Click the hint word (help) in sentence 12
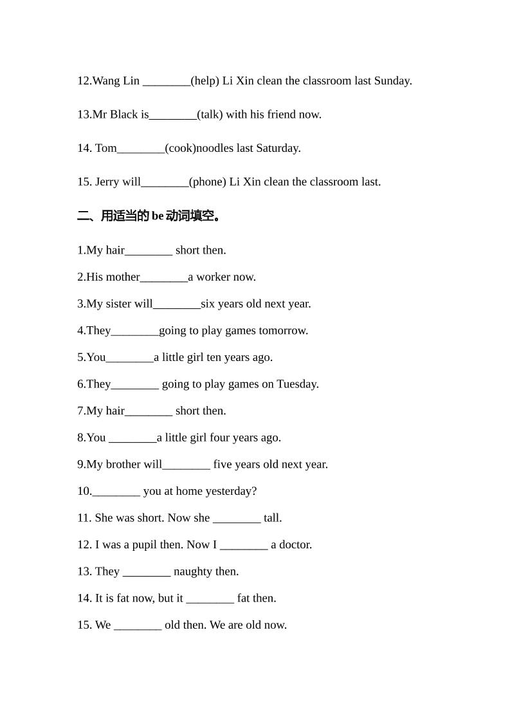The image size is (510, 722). [x=206, y=81]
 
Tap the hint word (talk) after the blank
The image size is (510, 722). [x=211, y=115]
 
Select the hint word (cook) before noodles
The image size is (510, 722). [x=180, y=148]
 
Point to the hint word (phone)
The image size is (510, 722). [x=208, y=181]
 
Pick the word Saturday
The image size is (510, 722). [x=278, y=148]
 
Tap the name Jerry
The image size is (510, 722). [x=108, y=181]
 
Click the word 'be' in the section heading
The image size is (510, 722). [x=158, y=216]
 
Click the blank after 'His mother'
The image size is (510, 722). [x=164, y=277]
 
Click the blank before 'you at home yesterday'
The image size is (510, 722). [x=116, y=492]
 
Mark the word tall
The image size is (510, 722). [x=272, y=518]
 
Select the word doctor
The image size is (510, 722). [x=295, y=545]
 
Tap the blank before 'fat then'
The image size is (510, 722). [x=210, y=598]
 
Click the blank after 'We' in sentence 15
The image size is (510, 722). [x=138, y=625]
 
